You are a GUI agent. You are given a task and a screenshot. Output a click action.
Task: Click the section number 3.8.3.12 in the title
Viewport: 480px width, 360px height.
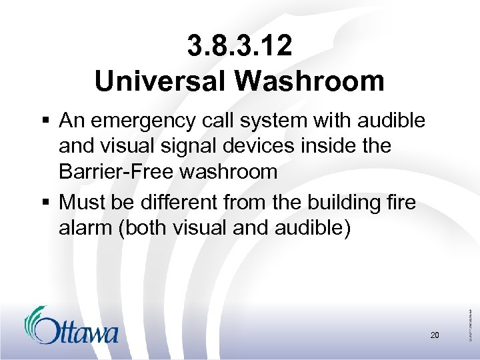[239, 47]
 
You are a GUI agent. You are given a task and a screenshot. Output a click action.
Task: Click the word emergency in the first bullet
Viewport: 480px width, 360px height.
[142, 121]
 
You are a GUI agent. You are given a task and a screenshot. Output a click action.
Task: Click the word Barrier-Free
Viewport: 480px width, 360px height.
[113, 171]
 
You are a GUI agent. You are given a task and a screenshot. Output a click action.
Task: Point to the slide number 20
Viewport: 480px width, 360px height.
[434, 335]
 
